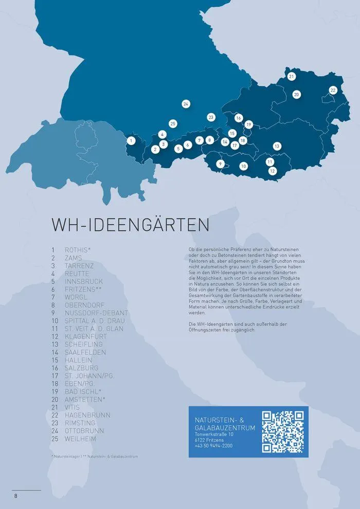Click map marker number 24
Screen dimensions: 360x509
(186, 104)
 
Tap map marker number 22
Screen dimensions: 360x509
(333, 90)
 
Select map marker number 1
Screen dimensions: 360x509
(131, 140)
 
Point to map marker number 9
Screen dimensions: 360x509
(220, 164)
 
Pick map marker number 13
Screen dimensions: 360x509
(277, 146)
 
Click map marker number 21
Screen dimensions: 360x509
(292, 77)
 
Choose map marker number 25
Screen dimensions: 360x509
(173, 123)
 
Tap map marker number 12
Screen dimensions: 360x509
(273, 171)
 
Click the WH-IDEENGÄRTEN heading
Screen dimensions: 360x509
(130, 225)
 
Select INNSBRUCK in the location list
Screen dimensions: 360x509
(84, 282)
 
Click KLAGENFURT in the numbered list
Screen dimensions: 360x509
(85, 337)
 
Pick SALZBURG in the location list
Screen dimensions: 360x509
(81, 368)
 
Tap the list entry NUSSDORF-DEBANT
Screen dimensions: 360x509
(97, 313)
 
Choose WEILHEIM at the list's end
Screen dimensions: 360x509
(80, 439)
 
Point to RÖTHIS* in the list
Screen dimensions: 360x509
(78, 250)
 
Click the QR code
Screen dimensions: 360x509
(283, 432)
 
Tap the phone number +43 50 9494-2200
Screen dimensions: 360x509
(213, 446)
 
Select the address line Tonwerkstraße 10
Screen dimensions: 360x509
(214, 434)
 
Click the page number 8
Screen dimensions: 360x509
(16, 496)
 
